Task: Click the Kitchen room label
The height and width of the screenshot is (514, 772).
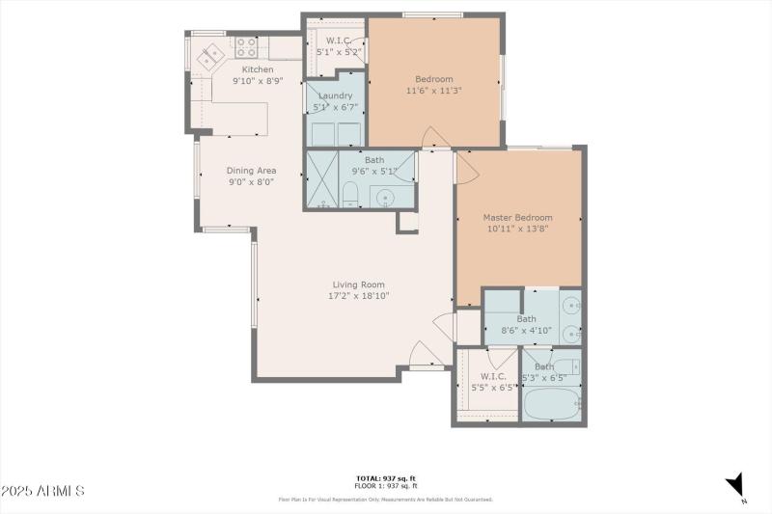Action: point(258,69)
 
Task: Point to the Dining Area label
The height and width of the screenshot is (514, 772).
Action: point(251,171)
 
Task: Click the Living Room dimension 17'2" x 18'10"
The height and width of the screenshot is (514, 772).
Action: point(359,296)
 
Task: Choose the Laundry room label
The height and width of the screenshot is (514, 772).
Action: point(335,95)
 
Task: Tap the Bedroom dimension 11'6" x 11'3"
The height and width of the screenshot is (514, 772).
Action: point(433,91)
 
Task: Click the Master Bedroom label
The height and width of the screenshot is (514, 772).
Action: point(518,218)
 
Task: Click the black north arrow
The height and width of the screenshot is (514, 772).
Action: point(737,483)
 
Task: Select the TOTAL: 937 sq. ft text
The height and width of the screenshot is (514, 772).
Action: point(386,478)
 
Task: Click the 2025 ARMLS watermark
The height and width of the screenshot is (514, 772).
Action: point(42,492)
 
